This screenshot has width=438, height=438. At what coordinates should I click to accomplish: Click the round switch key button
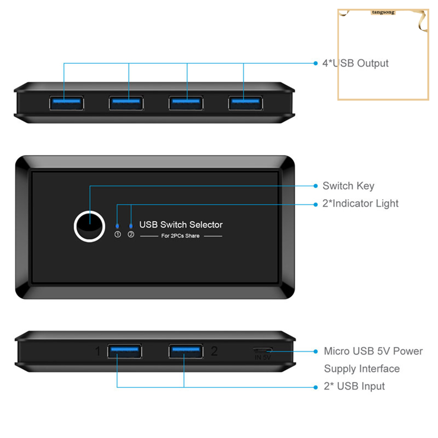tap(89, 226)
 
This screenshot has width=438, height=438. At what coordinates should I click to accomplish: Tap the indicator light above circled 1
tap(117, 226)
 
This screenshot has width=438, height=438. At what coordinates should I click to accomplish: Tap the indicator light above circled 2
tap(131, 226)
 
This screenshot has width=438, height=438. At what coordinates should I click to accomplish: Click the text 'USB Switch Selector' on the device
tap(181, 225)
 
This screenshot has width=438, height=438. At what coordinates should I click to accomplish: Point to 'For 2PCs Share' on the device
tap(180, 236)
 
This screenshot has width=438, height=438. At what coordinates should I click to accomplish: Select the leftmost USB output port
tap(67, 103)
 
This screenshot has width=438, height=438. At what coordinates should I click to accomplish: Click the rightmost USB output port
tap(246, 103)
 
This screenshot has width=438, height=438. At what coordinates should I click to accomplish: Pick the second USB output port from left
tap(126, 103)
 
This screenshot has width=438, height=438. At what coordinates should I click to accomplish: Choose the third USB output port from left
tap(186, 103)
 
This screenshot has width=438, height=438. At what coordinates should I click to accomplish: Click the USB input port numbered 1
tap(124, 351)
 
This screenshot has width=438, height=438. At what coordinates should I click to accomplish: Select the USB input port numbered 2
tap(186, 351)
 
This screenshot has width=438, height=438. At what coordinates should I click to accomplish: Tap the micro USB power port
tap(263, 350)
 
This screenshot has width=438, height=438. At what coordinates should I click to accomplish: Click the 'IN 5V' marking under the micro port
tap(263, 357)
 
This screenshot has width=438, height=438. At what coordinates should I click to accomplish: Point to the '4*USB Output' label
tap(355, 63)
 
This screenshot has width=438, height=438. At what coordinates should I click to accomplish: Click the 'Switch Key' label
tap(348, 186)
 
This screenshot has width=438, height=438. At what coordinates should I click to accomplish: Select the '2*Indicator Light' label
tap(361, 203)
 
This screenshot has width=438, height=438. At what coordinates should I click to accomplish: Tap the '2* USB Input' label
tap(354, 386)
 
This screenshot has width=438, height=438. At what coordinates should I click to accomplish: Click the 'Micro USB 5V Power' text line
tap(373, 351)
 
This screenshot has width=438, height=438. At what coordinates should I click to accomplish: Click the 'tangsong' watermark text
tap(383, 12)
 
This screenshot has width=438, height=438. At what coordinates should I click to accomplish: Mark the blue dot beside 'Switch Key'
tap(315, 186)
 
